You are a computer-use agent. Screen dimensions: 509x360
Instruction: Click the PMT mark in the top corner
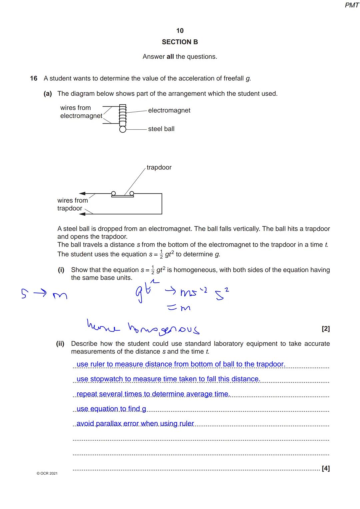point(352,5)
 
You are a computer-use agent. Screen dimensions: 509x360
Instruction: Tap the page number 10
point(180,31)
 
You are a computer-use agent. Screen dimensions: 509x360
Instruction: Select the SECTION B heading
point(180,42)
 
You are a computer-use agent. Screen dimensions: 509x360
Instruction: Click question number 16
point(34,79)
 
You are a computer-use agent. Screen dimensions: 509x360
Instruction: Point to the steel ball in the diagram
point(123,129)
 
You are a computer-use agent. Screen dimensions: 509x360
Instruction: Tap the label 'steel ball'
point(161,129)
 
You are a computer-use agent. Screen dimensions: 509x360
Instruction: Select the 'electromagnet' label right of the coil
point(169,110)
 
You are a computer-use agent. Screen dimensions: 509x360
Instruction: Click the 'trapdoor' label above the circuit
point(159,167)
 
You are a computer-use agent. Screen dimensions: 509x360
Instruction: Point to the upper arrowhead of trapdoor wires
point(82,193)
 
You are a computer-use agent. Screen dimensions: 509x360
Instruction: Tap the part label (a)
point(48,94)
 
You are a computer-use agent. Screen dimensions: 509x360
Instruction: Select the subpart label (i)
point(61,270)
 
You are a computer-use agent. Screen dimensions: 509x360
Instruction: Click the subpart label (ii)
point(60,344)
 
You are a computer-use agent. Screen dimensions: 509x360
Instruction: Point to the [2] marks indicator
point(326,329)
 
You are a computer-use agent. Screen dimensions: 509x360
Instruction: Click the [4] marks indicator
point(326,468)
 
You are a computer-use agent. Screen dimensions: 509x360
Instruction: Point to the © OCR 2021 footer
point(47,473)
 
